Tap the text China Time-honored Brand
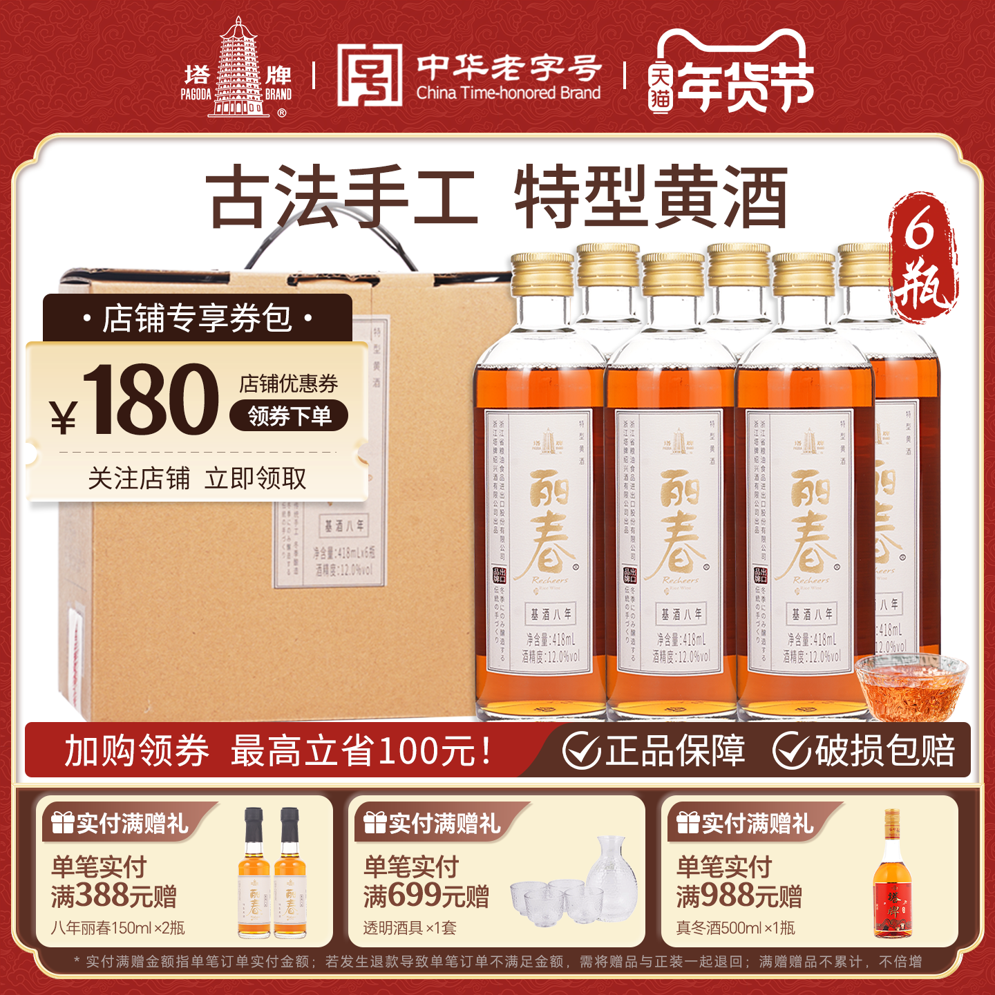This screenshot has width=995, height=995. (x=508, y=93)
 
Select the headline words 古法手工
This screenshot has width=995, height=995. (x=343, y=198)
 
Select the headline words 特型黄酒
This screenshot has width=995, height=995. (x=651, y=198)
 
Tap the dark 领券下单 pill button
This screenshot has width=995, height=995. (x=289, y=416)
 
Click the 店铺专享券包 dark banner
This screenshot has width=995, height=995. (x=198, y=318)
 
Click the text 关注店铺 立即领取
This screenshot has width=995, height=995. (x=198, y=478)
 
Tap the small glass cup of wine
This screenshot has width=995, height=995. (x=911, y=688)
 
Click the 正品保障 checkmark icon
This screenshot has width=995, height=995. (x=581, y=750)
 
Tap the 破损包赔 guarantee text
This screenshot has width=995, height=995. (x=885, y=750)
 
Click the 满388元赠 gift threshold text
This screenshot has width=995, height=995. (x=114, y=896)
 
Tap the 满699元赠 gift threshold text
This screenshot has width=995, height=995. (x=426, y=896)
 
